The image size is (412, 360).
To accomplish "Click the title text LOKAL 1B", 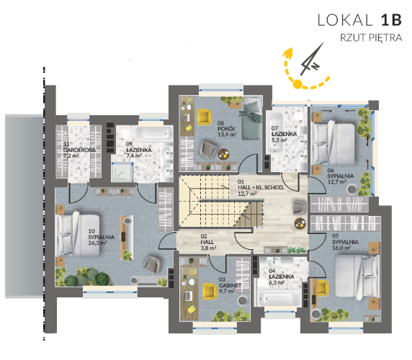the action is pos(359,20).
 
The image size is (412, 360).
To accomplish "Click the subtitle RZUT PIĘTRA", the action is pos(371,38).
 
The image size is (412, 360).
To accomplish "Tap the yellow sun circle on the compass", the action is pos(297,84).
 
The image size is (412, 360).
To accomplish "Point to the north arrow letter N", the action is pos(315,66).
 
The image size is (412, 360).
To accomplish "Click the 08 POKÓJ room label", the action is pos(226,129).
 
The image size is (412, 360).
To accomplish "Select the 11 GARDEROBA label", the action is pos(79,150).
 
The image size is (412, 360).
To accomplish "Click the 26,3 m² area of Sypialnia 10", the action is pos(97,243).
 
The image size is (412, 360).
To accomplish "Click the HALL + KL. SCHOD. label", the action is pos(261,187).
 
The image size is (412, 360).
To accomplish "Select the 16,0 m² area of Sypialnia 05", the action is pos(341,248).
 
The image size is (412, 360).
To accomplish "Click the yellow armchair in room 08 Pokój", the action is pos(204,117).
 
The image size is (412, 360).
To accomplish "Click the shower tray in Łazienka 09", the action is pos(122,172).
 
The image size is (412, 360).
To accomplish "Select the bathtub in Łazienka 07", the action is pos(274,132).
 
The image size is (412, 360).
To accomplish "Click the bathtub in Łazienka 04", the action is pos(279,296).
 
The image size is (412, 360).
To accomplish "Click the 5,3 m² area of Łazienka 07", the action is pos(279,140).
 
